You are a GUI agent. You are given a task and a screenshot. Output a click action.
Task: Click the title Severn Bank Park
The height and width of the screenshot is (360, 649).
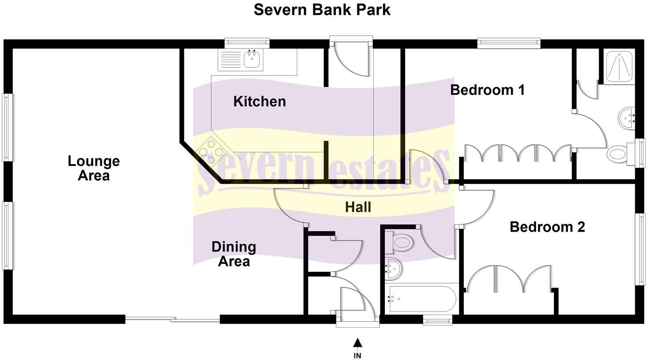coord(322,10)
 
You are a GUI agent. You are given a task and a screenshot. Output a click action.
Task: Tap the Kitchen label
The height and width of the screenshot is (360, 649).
coord(259,101)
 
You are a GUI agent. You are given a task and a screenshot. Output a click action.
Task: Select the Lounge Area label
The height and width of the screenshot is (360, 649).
coord(93,168)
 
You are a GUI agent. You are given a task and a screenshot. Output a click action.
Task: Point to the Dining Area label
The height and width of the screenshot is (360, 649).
coord(234,254)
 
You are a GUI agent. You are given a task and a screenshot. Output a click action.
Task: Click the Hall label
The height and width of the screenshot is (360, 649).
coord(358,207)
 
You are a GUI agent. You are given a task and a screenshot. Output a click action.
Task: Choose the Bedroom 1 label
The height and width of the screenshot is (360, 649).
coord(487,90)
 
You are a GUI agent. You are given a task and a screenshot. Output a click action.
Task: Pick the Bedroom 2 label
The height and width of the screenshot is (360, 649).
coord(547,227)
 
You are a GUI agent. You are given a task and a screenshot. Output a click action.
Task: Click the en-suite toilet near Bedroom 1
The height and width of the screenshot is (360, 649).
coord(619,154)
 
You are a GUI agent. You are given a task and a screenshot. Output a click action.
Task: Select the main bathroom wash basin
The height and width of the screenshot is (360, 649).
coord(393,268)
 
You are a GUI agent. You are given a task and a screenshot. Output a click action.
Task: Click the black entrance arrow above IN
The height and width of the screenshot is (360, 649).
coord(358,342)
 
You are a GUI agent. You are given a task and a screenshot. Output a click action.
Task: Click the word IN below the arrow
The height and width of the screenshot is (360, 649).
coord(358,355)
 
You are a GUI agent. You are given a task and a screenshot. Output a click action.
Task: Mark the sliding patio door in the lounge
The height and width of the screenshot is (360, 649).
coord(172,319)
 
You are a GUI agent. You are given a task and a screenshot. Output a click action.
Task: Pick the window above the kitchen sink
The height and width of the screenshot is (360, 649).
coord(246,42)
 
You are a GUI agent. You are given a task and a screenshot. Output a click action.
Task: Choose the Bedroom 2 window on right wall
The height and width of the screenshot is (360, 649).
coord(640,249)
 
